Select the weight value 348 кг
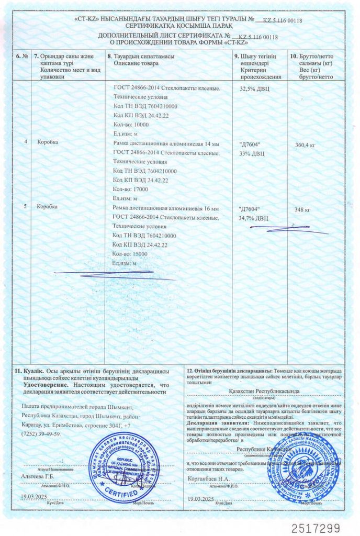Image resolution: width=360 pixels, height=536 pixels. (x=302, y=209)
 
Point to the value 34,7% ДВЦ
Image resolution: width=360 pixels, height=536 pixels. (x=253, y=217)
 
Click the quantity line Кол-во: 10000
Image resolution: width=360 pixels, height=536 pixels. (x=131, y=125)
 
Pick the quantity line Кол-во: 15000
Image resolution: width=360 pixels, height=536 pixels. (x=131, y=254)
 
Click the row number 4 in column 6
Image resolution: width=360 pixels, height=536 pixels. (x=26, y=142)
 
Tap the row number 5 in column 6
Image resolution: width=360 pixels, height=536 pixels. (x=26, y=207)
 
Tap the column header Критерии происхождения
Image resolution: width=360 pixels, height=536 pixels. (x=260, y=73)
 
